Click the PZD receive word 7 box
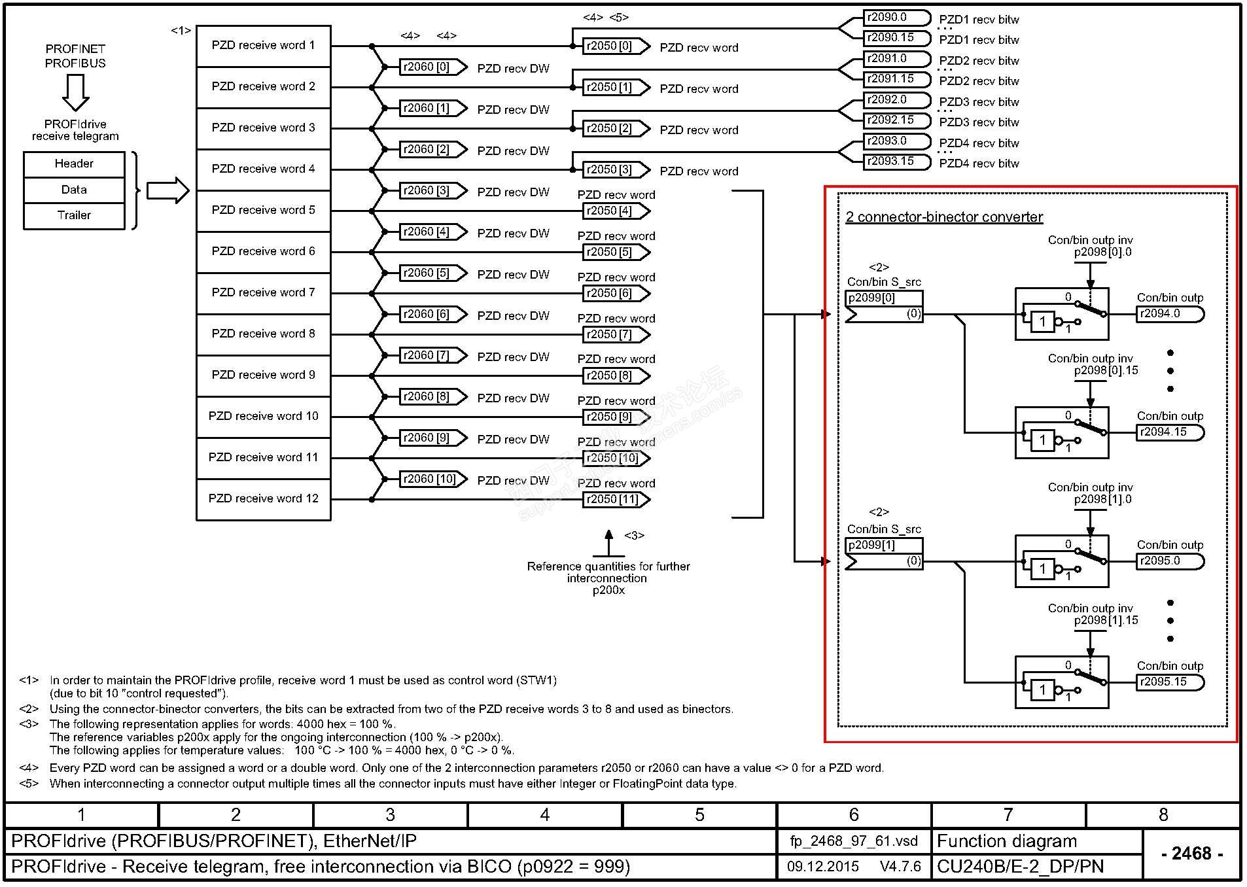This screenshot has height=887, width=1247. (x=263, y=292)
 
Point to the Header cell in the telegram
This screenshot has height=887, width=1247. (x=74, y=164)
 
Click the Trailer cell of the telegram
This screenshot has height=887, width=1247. (x=74, y=215)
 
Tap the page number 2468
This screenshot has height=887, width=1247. (x=1191, y=853)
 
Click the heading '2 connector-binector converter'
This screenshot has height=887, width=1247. (x=943, y=217)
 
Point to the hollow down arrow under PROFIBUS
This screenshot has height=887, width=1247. (x=75, y=92)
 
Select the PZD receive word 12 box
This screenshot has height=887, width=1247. (x=263, y=498)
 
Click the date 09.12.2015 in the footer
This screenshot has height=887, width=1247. (x=822, y=867)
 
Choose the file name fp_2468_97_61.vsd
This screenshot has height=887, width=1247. (x=853, y=841)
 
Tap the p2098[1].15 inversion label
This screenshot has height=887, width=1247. (x=1106, y=620)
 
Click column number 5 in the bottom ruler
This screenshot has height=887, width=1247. (x=699, y=814)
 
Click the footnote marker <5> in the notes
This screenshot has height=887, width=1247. (x=29, y=784)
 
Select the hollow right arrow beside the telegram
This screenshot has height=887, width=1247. (x=167, y=191)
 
